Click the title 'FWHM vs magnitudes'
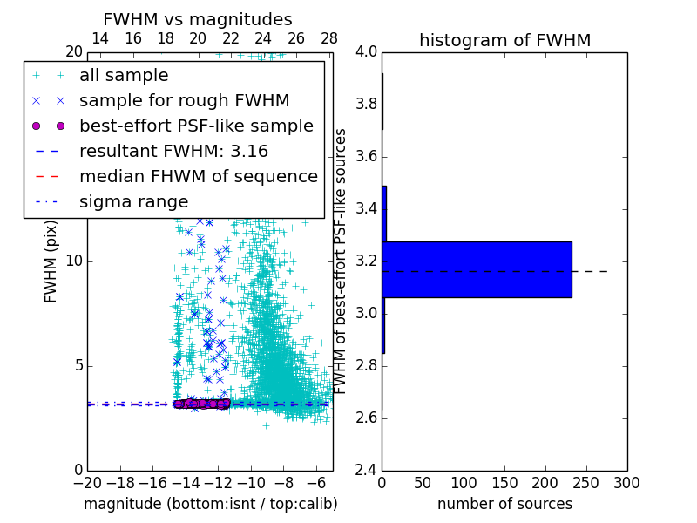click(198, 20)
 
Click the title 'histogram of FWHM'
click(504, 41)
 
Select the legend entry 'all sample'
click(124, 76)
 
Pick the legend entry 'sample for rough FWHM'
click(185, 101)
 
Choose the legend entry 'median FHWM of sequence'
click(199, 177)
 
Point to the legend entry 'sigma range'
click(133, 202)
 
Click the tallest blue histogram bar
click(477, 269)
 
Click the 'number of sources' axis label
click(504, 504)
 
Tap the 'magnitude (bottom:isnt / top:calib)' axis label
click(210, 504)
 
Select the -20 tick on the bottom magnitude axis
click(87, 482)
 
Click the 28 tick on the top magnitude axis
click(329, 39)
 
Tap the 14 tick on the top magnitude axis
click(100, 39)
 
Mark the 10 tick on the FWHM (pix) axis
click(76, 261)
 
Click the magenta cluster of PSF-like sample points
click(202, 404)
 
